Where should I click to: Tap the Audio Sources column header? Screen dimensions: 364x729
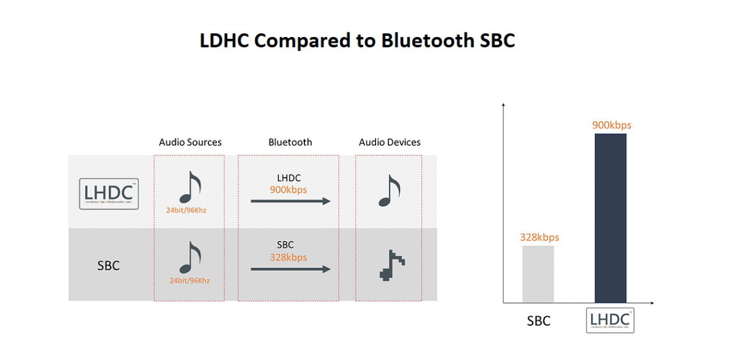click(190, 142)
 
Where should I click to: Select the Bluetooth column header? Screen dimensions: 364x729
click(290, 142)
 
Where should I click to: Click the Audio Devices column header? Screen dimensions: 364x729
click(389, 142)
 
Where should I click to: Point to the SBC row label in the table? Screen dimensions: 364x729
click(108, 266)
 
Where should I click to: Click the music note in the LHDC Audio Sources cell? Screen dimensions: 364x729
click(189, 187)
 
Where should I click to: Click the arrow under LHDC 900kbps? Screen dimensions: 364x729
click(290, 201)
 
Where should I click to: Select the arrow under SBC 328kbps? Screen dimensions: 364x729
click(290, 269)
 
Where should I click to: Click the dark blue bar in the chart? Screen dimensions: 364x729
click(610, 218)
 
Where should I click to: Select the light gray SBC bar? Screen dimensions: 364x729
click(538, 274)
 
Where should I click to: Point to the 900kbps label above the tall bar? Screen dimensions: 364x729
click(611, 125)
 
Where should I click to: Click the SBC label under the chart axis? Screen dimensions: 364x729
click(538, 321)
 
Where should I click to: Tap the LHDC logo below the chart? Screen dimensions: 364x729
click(610, 321)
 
